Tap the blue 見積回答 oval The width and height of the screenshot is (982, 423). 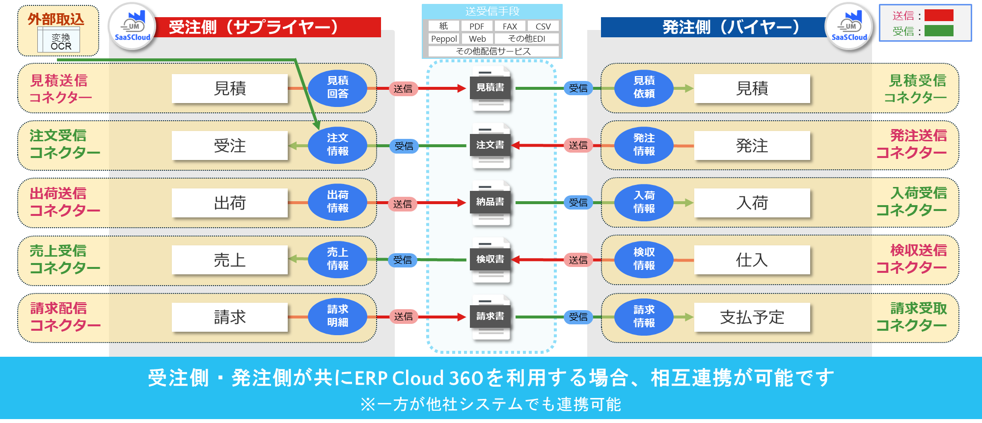[337, 87]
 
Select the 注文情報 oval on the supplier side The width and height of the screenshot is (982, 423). [337, 145]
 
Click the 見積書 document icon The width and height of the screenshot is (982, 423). [490, 89]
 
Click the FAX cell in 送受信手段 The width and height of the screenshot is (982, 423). [510, 26]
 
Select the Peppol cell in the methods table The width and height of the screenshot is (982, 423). [444, 39]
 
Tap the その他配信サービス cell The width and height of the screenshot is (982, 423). [493, 51]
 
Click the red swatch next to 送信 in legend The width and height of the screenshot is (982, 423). [939, 15]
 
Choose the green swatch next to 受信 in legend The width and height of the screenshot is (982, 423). [939, 31]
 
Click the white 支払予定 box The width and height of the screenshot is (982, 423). [752, 317]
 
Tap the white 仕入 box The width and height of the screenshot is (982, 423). [752, 260]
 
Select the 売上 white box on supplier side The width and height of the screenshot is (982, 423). [229, 260]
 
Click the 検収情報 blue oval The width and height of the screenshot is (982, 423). [644, 259]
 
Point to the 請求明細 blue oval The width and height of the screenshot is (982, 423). [337, 316]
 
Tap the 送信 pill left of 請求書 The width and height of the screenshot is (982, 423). [403, 317]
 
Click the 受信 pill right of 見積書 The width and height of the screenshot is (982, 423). [578, 88]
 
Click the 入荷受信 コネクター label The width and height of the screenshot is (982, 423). [912, 202]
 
